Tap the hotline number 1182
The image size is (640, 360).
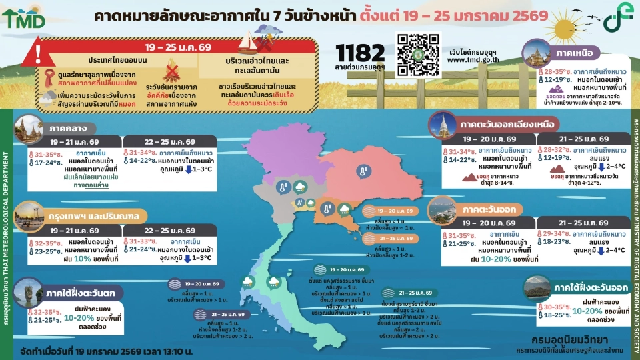pos(361,52)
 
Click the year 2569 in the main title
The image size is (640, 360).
pos(527,15)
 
